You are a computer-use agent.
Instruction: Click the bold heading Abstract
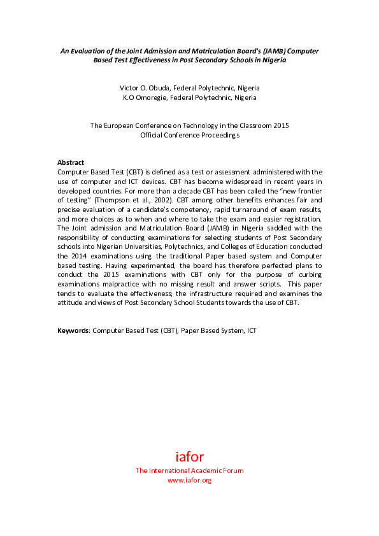point(71,162)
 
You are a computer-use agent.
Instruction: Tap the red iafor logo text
point(189,456)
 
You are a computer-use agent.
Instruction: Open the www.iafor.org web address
point(189,480)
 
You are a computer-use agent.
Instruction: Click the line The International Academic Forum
point(189,470)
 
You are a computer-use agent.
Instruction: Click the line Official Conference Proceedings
point(189,135)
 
